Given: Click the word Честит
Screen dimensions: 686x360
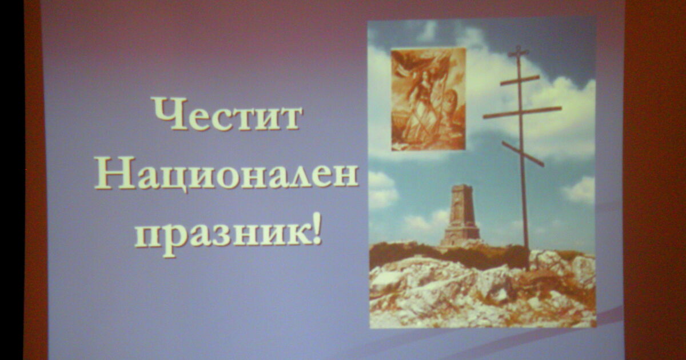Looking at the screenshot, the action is click(228, 114).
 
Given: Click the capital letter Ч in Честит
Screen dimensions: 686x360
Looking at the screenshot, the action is click(170, 114).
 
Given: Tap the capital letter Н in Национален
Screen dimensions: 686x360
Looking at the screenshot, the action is click(115, 173).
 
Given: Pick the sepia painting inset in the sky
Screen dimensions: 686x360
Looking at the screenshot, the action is click(428, 99).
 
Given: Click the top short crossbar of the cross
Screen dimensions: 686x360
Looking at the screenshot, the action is click(520, 80).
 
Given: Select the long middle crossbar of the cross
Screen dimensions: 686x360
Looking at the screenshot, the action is click(523, 113).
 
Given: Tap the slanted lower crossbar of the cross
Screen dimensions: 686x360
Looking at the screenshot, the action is click(523, 154).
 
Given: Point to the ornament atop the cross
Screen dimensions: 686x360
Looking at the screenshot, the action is click(518, 51).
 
